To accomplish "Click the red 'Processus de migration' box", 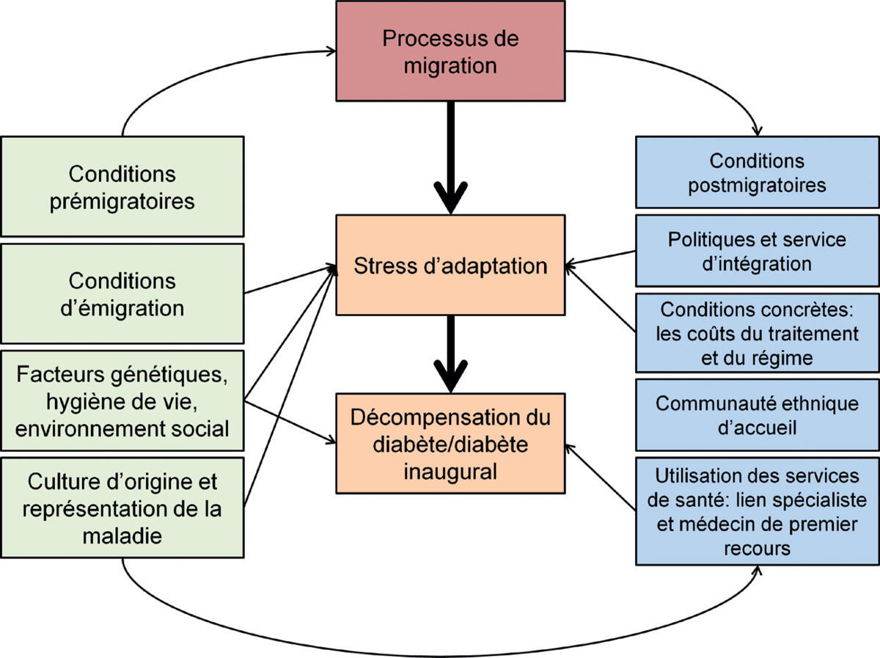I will click(450, 51).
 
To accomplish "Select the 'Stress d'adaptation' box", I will click(450, 265).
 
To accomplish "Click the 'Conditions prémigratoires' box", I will click(122, 186).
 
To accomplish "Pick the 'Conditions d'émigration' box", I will click(122, 293).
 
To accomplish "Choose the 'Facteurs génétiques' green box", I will click(122, 401).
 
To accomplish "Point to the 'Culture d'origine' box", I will click(122, 508).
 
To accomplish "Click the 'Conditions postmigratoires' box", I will click(757, 172).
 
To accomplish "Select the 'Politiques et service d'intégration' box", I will click(757, 250).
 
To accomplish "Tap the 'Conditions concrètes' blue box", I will click(757, 333).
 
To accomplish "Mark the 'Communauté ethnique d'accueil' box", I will click(757, 414).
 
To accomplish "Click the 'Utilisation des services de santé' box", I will click(757, 511).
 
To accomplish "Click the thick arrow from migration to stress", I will click(450, 158).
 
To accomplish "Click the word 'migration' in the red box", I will click(450, 65).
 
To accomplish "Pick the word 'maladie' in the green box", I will click(122, 535).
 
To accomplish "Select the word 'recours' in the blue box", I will click(757, 548).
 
